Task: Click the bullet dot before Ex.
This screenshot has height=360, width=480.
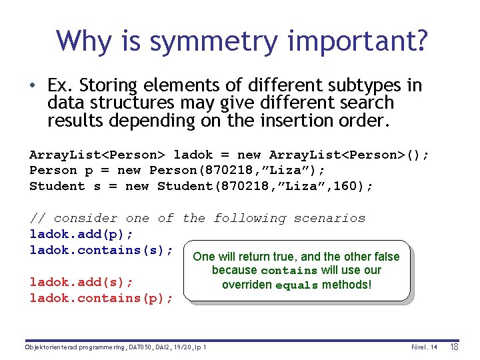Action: click(x=32, y=87)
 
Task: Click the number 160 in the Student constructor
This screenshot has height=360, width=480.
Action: click(x=339, y=187)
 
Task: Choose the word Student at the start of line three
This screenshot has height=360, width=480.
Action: click(x=57, y=187)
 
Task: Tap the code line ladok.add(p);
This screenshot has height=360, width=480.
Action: click(x=81, y=234)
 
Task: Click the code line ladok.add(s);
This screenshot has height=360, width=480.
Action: click(x=81, y=282)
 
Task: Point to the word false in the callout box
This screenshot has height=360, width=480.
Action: click(x=385, y=257)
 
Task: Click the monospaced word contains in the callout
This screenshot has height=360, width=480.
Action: click(x=289, y=271)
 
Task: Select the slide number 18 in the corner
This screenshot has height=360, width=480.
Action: click(x=455, y=347)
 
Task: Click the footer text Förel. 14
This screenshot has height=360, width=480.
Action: click(x=423, y=347)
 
